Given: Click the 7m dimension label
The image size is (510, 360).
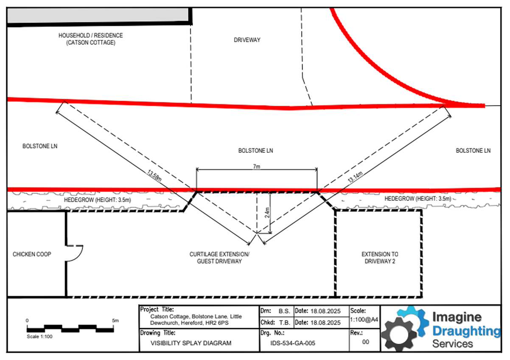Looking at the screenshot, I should click(257, 167).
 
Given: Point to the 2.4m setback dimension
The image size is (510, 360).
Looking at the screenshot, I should click(266, 212).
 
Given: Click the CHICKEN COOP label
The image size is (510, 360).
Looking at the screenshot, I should click(32, 254).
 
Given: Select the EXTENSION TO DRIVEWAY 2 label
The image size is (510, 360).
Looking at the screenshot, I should click(380, 258).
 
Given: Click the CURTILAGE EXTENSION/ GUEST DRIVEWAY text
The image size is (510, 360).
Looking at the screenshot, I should click(219, 258).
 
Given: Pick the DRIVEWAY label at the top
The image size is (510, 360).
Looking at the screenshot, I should click(247, 40).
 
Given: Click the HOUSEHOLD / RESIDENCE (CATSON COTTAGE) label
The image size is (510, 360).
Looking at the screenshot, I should click(90, 39).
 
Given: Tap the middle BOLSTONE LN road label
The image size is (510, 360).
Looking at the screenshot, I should click(255, 151).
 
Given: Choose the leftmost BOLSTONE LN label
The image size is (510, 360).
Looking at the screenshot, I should click(40, 146).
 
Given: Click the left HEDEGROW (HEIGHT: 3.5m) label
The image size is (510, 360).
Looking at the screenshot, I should click(94, 200).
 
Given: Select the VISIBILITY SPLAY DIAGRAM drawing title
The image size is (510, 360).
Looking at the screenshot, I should click(191, 343).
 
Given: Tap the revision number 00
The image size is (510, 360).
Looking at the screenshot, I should click(365, 341).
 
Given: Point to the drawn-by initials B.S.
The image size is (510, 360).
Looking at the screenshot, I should click(284, 311).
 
